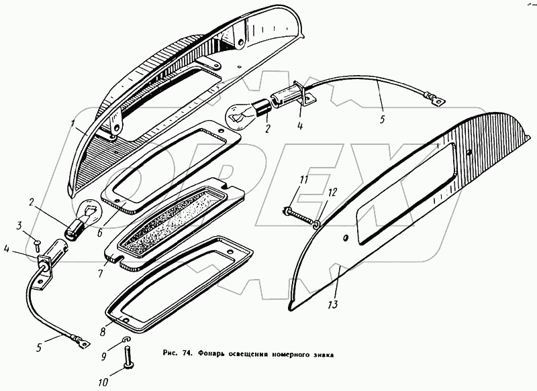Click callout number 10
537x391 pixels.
(x=102, y=384)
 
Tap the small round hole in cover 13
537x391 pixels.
(x=346, y=238)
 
